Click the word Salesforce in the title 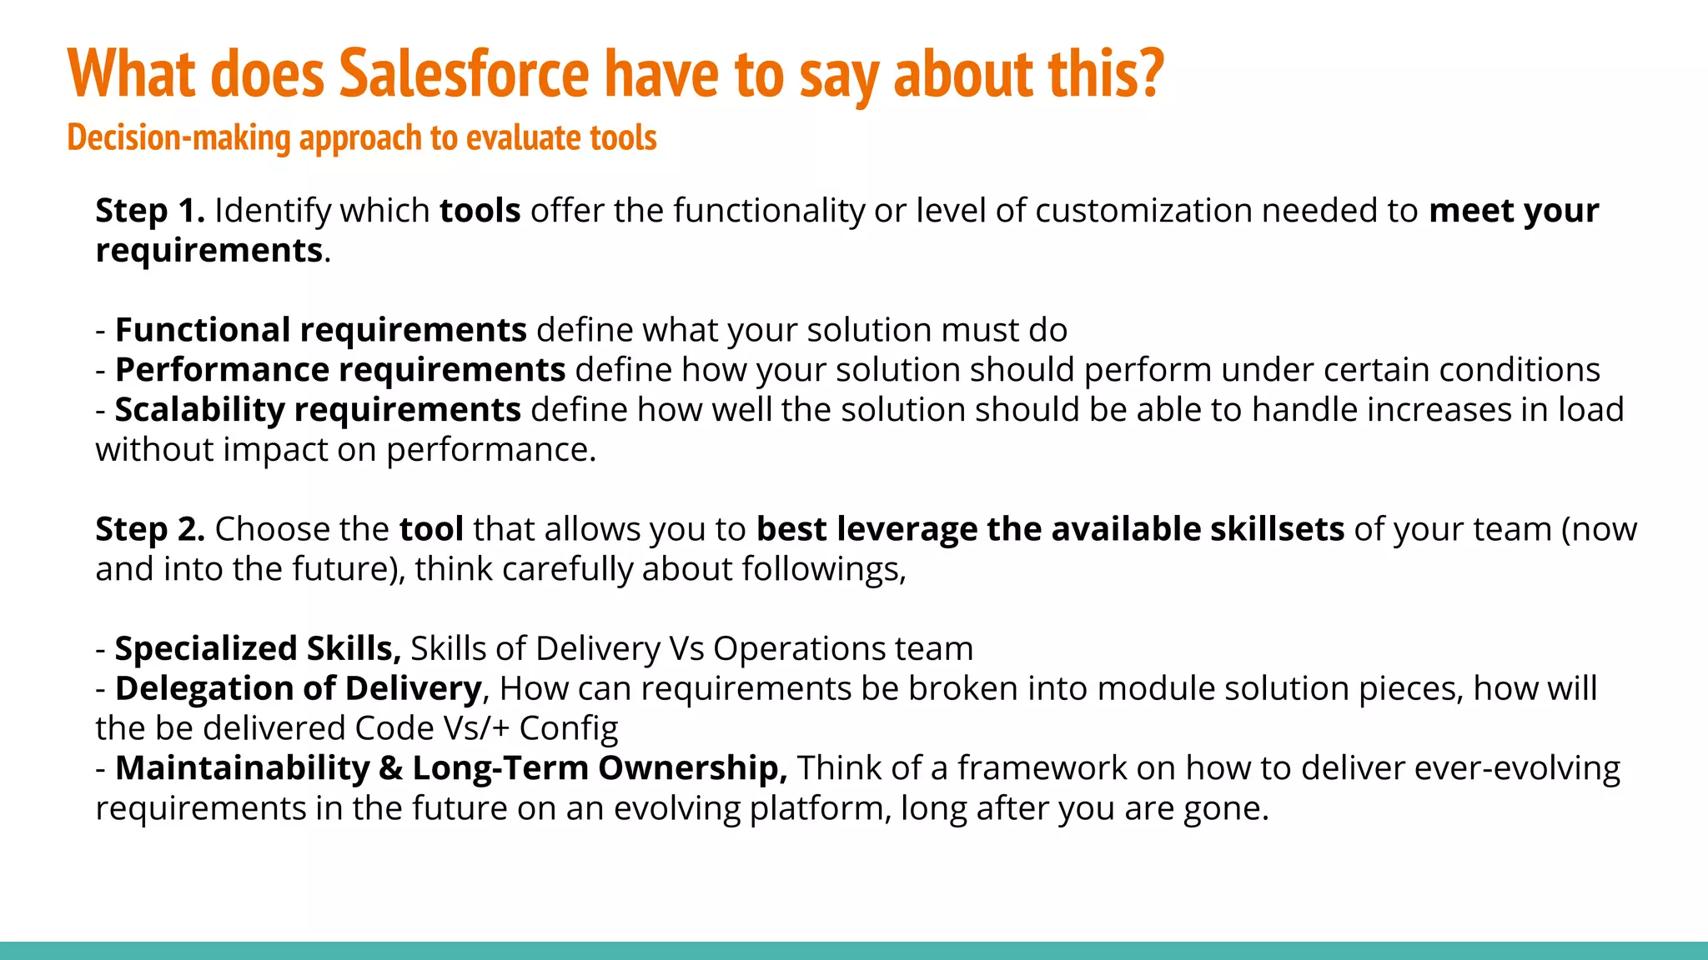tap(464, 73)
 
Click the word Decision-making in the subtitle tap(178, 137)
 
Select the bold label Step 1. tap(150, 210)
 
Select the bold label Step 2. tap(150, 529)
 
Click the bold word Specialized tap(206, 648)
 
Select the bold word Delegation tap(203, 688)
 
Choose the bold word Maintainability tap(242, 768)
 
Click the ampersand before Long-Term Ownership tap(390, 768)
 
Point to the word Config tap(568, 728)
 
